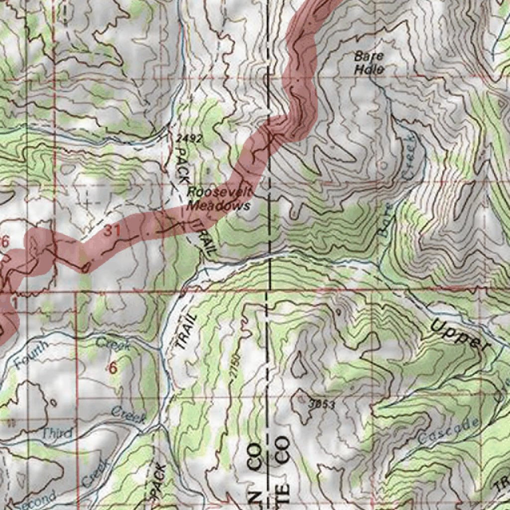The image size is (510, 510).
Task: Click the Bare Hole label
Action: click(x=369, y=63)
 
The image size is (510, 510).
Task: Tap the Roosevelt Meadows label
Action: click(x=219, y=199)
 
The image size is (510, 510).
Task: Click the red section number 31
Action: click(x=113, y=231)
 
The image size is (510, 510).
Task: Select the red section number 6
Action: click(x=113, y=369)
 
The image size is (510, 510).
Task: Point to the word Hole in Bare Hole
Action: click(x=369, y=70)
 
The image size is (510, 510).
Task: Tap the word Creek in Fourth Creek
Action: click(x=113, y=343)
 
